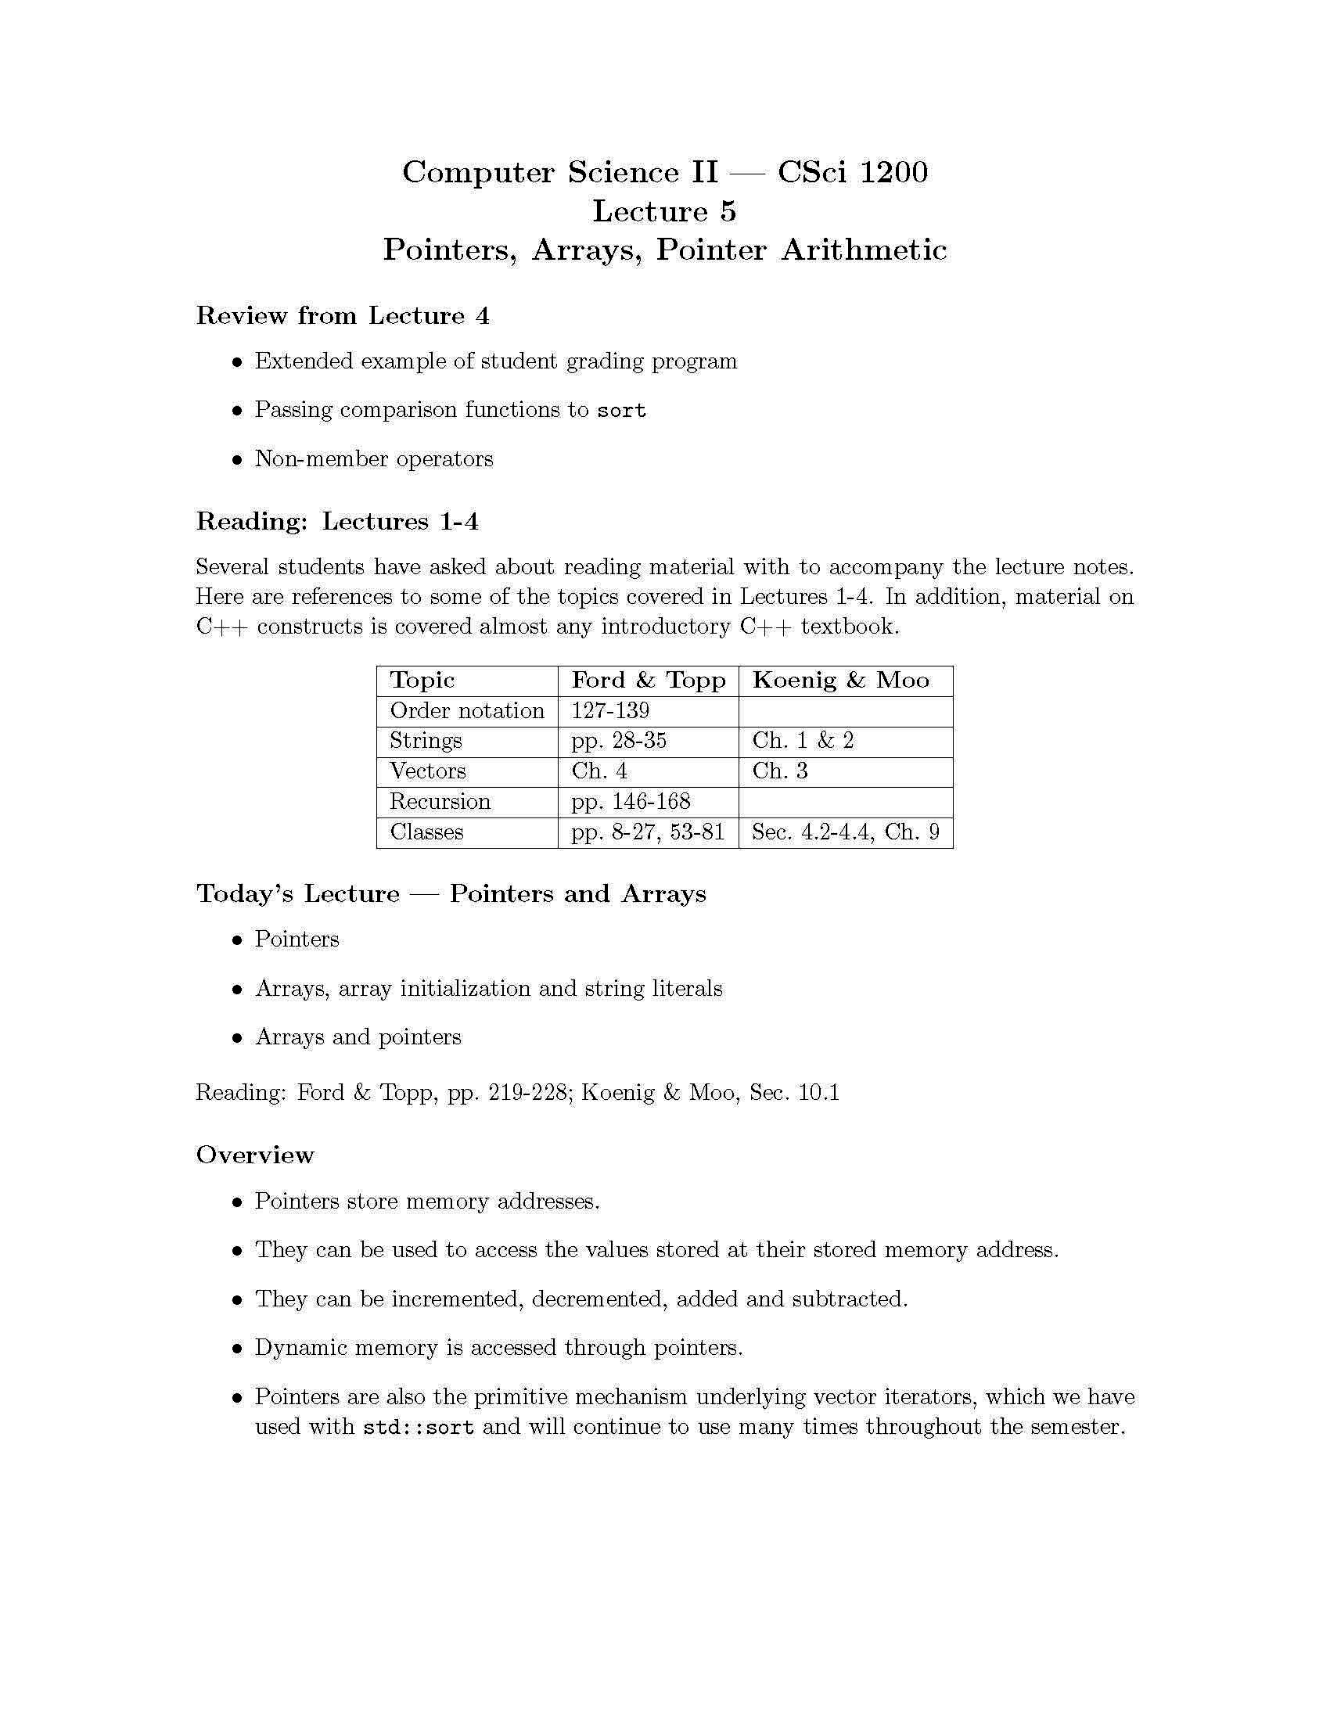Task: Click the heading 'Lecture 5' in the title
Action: coord(664,211)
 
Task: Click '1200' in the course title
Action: coord(893,172)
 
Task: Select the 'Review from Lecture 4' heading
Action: coord(343,316)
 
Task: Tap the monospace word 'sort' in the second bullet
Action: coord(622,411)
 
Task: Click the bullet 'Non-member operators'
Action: coord(373,459)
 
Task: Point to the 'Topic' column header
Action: coord(422,680)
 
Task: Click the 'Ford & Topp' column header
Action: coord(648,680)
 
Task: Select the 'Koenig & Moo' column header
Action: coord(840,680)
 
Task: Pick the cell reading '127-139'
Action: coord(610,711)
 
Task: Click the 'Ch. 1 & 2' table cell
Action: coord(802,741)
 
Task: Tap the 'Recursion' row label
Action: coord(440,802)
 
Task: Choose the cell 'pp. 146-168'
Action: coord(631,802)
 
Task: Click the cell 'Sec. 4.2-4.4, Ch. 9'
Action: coord(846,832)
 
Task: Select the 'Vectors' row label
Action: coord(428,771)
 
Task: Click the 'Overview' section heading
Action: coord(254,1155)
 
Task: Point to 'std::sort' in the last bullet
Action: coord(419,1427)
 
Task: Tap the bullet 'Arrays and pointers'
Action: coord(358,1037)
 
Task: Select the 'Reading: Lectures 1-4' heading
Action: coord(337,522)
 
